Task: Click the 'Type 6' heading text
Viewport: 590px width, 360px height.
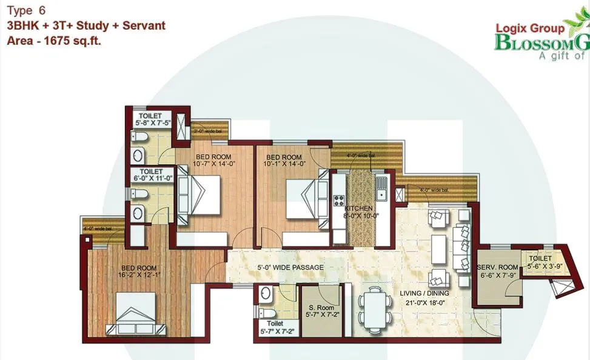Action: tap(22, 11)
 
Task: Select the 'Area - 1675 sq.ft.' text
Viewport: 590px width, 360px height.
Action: tap(53, 41)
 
